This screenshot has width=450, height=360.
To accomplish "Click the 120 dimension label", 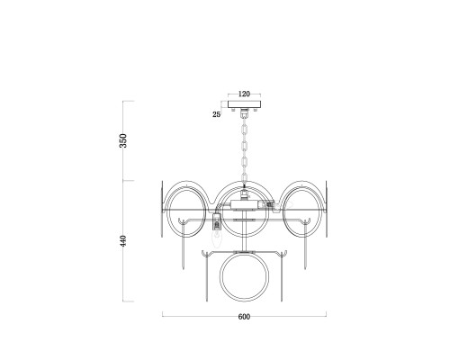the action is click(x=244, y=94).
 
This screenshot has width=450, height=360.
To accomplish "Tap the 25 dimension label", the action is click(x=217, y=114).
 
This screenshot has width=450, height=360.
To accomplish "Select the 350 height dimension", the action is click(x=123, y=140).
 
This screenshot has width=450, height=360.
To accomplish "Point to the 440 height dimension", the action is click(x=123, y=240).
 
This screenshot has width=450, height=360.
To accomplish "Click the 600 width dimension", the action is click(x=244, y=317).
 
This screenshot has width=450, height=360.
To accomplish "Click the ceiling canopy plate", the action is click(x=245, y=104).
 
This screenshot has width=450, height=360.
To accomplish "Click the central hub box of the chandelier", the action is click(x=245, y=204).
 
